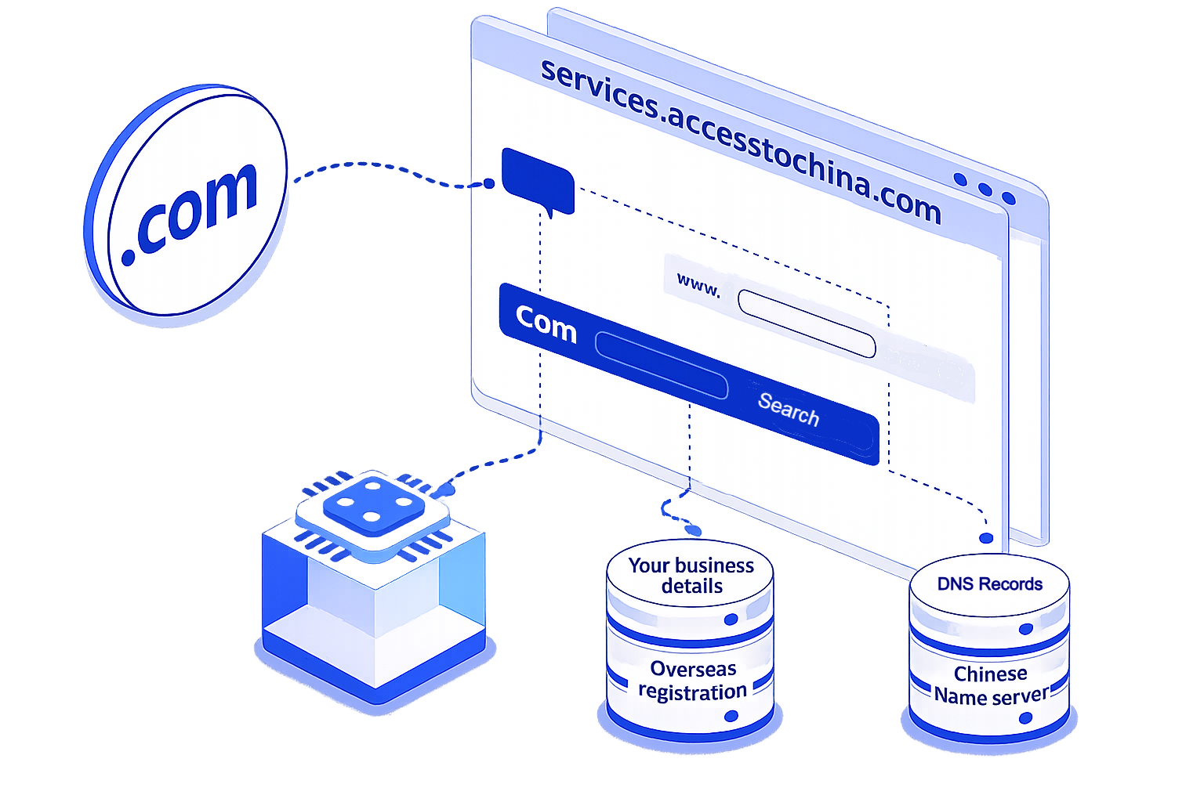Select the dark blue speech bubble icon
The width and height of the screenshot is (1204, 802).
tap(538, 182)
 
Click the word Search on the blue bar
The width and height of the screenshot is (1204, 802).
tap(788, 410)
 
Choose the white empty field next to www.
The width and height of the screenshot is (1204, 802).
tap(807, 323)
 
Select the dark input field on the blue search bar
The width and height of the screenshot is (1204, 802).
tap(662, 365)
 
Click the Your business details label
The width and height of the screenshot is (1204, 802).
tap(691, 576)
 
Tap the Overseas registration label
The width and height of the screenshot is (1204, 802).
tap(692, 680)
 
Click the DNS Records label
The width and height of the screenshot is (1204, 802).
tap(989, 584)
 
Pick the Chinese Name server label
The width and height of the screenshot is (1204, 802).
tap(991, 685)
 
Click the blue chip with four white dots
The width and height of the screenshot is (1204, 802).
tap(374, 505)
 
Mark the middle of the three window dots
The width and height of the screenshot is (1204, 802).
tap(985, 189)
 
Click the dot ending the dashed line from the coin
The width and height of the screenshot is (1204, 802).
tap(488, 184)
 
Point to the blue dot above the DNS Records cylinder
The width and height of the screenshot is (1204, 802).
tap(986, 538)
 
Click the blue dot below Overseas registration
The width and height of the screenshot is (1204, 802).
tap(731, 716)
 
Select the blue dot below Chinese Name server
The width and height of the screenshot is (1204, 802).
tap(1025, 718)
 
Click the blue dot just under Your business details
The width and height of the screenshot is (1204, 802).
tap(731, 620)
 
